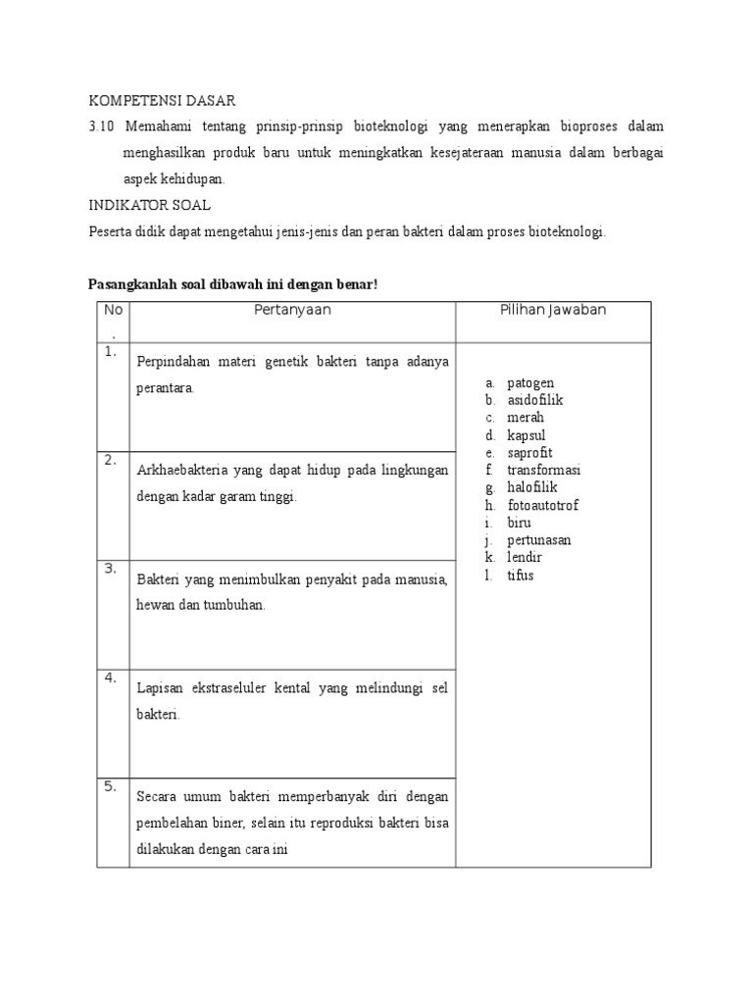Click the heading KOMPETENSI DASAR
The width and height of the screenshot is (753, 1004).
pos(163,101)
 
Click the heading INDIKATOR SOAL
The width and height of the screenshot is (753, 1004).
pos(149,205)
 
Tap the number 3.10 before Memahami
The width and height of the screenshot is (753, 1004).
pos(102,127)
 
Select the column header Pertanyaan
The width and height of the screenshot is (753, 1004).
pos(292,310)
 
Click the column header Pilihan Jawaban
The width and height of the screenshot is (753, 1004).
pos(553,310)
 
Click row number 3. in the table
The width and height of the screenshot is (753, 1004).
pos(110,569)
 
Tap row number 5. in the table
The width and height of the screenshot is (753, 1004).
pos(110,785)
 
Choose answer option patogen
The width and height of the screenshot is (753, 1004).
pos(530,382)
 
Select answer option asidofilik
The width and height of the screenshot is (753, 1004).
pos(534,400)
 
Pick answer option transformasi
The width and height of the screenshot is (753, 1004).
pos(543,471)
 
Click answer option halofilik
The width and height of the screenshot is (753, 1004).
pos(532,487)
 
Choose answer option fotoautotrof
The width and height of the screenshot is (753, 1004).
pos(542,505)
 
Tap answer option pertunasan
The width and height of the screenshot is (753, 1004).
pos(539,540)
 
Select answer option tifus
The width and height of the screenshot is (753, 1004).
pos(521,575)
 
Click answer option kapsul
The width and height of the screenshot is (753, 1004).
pos(527,435)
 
